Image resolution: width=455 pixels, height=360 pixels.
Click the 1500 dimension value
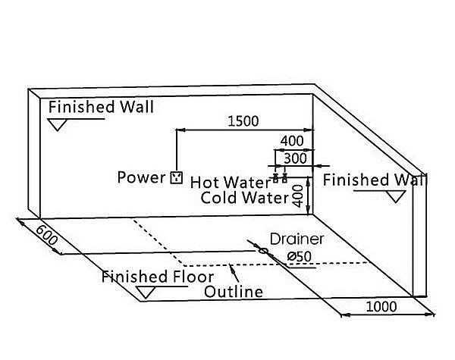pos(243,121)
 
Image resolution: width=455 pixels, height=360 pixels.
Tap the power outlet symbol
pos(177,177)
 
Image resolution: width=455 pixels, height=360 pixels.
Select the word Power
pos(141,177)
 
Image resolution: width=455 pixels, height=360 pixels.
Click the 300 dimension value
pos(295,158)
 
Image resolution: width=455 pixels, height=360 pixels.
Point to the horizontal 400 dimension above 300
pos(292,141)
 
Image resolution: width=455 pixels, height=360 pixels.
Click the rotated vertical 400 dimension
pos(298,196)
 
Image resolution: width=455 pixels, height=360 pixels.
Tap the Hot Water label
pos(231,183)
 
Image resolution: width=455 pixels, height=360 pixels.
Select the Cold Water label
pos(245,198)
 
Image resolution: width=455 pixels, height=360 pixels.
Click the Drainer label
pos(297,239)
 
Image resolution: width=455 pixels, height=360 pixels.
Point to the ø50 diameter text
pos(300,256)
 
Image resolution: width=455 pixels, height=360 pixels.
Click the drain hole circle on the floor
pos(263,250)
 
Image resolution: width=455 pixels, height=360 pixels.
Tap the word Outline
pos(234,292)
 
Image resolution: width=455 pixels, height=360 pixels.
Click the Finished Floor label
pos(158,277)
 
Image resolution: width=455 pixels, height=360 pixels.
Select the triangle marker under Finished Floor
pos(146,293)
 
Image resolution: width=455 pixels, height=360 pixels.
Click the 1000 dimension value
pos(381,307)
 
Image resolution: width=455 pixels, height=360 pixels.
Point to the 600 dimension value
pos(46,235)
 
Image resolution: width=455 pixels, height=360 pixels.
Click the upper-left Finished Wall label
pos(101,107)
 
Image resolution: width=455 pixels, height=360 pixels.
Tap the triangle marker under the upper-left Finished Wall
pos(58,125)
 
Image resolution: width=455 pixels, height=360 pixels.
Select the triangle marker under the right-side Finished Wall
pos(396,197)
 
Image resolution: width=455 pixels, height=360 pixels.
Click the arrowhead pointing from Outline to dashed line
pos(232,268)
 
